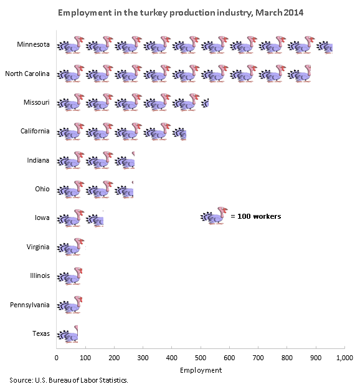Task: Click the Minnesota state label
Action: pyautogui.click(x=33, y=44)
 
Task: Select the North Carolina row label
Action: pyautogui.click(x=27, y=74)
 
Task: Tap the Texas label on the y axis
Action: pyautogui.click(x=41, y=333)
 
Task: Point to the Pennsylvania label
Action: pyautogui.click(x=30, y=305)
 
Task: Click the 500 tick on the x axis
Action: pyautogui.click(x=201, y=358)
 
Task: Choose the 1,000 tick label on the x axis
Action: pyautogui.click(x=344, y=358)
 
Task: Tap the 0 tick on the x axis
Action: pyautogui.click(x=57, y=358)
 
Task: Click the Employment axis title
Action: pyautogui.click(x=201, y=370)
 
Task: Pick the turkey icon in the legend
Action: pyautogui.click(x=214, y=216)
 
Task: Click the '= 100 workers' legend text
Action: pyautogui.click(x=256, y=216)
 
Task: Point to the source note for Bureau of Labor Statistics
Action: pyautogui.click(x=69, y=380)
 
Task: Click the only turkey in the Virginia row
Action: pyautogui.click(x=71, y=247)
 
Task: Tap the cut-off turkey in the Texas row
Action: pyautogui.click(x=67, y=334)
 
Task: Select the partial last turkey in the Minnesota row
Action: pyautogui.click(x=324, y=47)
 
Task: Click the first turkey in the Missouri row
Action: pyautogui.click(x=71, y=102)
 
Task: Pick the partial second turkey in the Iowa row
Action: pyautogui.click(x=95, y=220)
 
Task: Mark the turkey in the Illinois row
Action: pyautogui.click(x=70, y=276)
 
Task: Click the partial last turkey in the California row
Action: pyautogui.click(x=179, y=134)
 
